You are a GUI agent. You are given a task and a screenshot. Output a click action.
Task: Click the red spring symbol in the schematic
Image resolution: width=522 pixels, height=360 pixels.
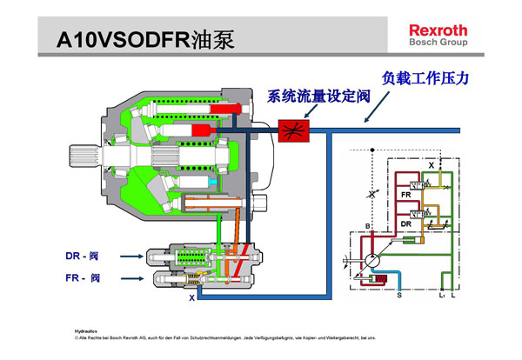pos(379,279)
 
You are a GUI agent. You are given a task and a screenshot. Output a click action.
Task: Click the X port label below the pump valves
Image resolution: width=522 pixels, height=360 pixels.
pos(192,297)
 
